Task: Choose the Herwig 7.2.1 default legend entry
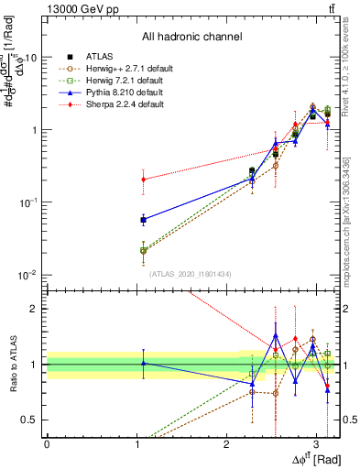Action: point(120,81)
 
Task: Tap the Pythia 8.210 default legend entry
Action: point(118,93)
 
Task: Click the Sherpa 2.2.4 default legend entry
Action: point(119,104)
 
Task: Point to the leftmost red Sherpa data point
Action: point(143,180)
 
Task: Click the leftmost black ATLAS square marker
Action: point(143,220)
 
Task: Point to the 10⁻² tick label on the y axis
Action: point(27,275)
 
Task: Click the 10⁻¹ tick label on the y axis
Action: point(27,202)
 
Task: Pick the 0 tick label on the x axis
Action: point(47,443)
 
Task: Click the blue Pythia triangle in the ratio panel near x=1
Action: point(143,364)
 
